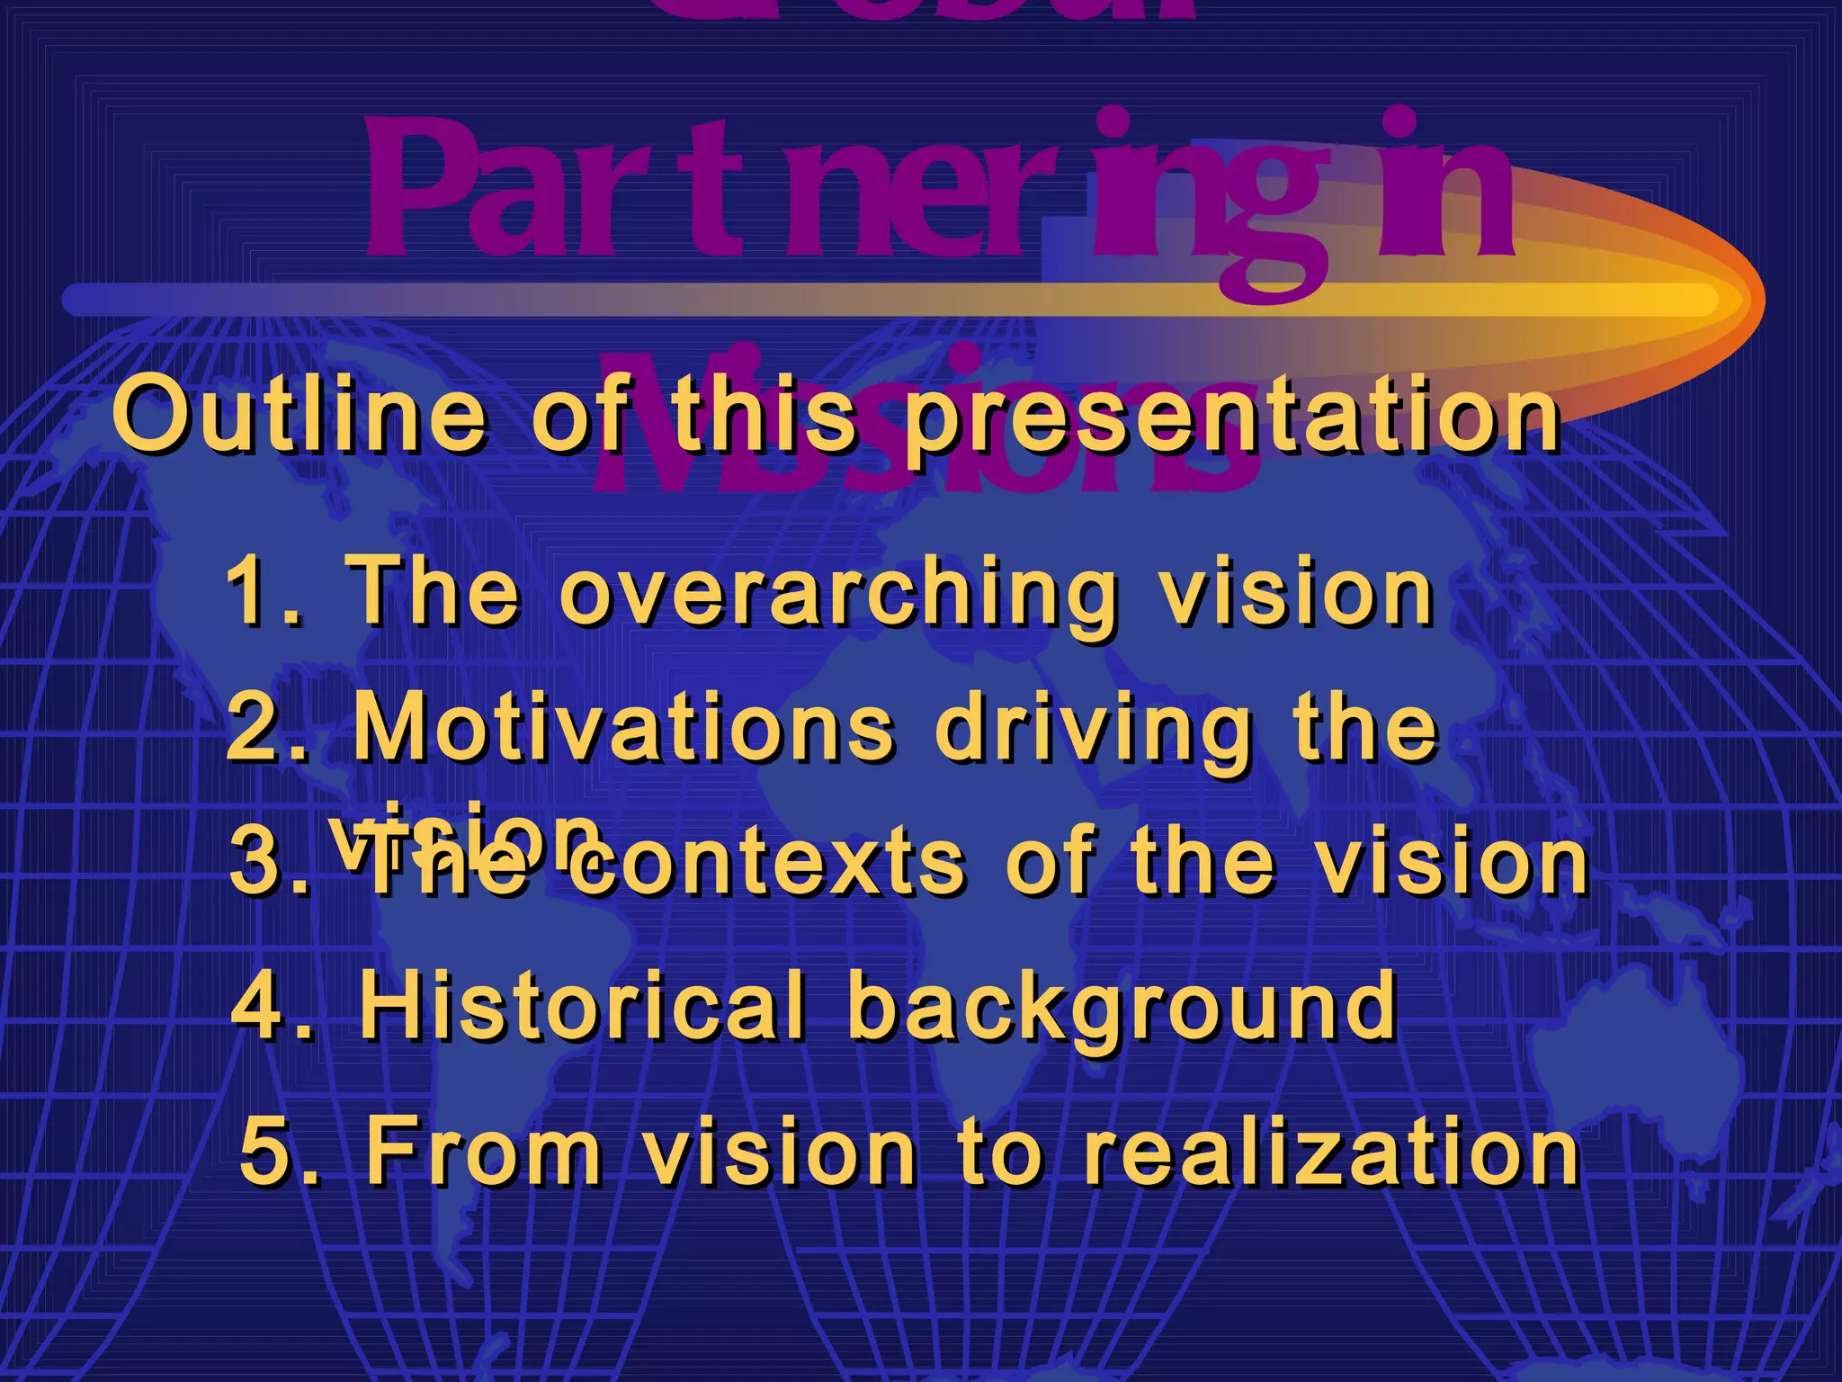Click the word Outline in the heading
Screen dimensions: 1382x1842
click(x=300, y=416)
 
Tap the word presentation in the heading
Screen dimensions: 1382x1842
click(x=1232, y=416)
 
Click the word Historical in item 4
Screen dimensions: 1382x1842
click(x=581, y=1004)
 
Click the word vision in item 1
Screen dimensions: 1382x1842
click(x=1295, y=592)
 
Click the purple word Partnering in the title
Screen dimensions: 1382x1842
click(x=935, y=193)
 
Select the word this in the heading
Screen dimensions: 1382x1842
click(x=765, y=416)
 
